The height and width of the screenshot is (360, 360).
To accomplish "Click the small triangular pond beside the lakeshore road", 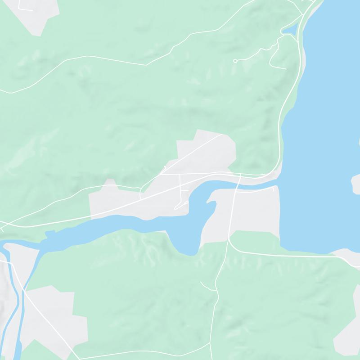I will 288,30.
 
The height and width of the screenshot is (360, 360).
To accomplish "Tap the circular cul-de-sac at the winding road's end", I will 235,61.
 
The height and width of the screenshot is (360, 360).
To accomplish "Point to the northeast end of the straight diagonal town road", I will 222,134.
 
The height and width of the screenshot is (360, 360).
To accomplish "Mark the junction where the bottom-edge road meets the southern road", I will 210,344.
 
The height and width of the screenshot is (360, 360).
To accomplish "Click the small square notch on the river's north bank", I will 51,232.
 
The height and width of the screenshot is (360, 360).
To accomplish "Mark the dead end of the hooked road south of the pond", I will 285,68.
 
